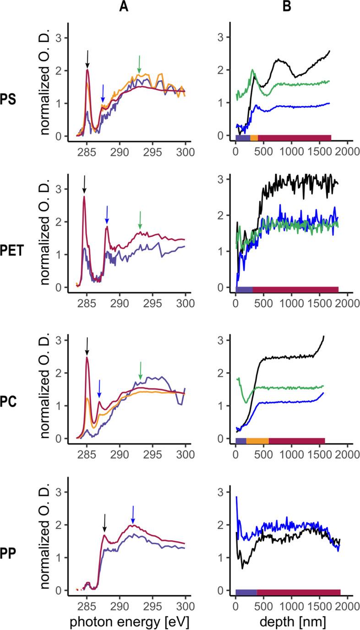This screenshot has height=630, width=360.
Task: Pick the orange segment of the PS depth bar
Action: click(254, 138)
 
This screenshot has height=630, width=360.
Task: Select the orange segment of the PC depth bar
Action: click(257, 441)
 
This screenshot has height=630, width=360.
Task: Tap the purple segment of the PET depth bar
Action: click(244, 289)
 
